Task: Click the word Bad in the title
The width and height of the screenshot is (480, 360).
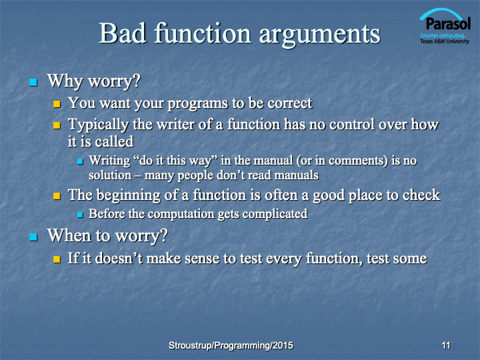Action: (123, 33)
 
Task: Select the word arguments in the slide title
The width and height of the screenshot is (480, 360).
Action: (319, 35)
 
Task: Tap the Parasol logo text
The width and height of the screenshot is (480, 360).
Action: (448, 23)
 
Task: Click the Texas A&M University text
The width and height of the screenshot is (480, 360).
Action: (445, 41)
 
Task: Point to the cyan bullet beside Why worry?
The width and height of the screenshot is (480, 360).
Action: (33, 82)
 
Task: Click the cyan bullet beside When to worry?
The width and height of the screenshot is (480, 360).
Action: (33, 237)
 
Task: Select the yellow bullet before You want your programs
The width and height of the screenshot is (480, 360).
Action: (57, 104)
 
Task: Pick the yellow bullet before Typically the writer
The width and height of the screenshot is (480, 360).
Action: (57, 125)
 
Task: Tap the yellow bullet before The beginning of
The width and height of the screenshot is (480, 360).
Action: (57, 196)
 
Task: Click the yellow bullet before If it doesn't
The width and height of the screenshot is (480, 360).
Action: (57, 259)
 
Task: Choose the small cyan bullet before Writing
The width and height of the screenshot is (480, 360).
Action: (80, 161)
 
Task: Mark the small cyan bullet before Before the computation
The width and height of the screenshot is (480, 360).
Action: (80, 215)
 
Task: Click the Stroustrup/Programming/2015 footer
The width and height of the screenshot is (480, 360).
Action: (231, 345)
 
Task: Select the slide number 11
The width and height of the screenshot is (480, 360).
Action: (446, 345)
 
